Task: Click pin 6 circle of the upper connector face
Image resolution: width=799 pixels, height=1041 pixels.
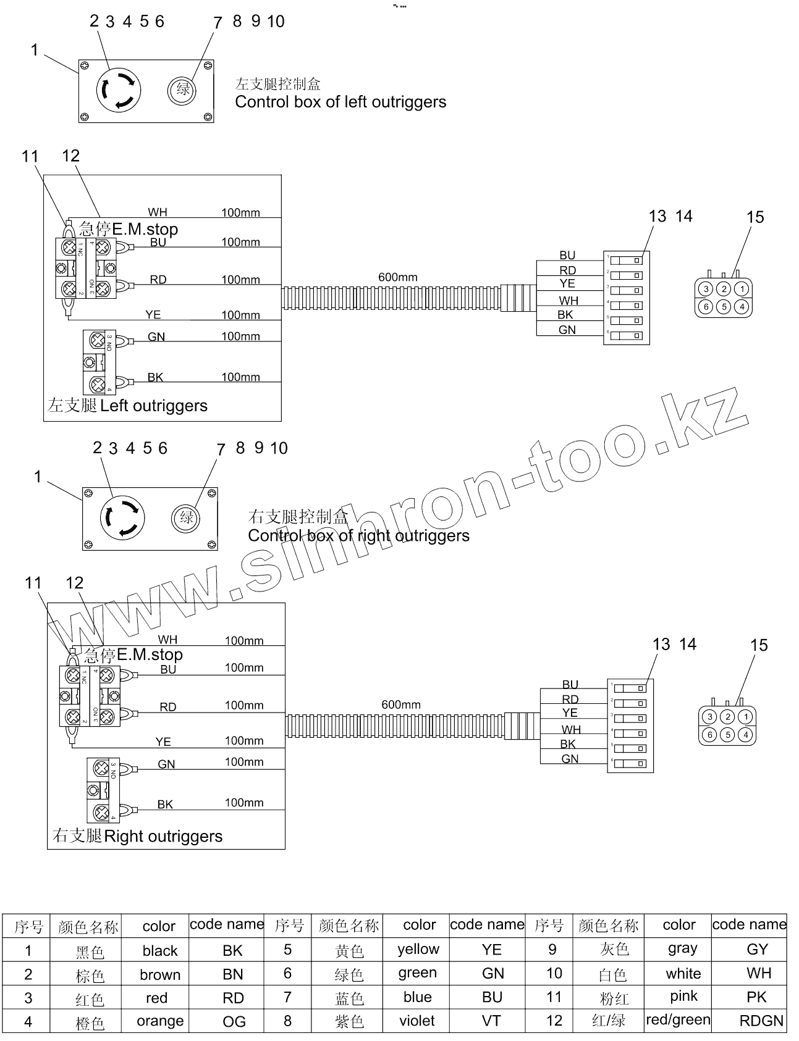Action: click(706, 306)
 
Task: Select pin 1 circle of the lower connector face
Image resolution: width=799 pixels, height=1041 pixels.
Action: click(746, 717)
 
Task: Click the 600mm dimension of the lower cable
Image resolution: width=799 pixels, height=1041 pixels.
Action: click(401, 704)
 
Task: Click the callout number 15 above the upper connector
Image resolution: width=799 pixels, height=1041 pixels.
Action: click(755, 217)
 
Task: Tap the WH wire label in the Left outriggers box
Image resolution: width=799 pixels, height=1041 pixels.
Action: click(158, 213)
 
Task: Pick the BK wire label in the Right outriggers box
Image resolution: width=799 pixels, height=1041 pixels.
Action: click(165, 805)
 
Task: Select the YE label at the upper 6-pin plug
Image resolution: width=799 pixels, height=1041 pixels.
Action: click(567, 283)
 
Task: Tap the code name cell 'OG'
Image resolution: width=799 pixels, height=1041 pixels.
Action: click(234, 1022)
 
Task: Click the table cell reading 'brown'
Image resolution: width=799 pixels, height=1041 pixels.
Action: click(160, 975)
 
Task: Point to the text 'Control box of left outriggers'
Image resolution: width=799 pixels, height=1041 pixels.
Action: click(340, 102)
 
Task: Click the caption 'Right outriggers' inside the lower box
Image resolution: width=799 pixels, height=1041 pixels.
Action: click(163, 836)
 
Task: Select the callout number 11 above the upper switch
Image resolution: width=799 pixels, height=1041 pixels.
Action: click(30, 157)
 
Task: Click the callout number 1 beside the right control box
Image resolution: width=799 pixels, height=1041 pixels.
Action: click(38, 477)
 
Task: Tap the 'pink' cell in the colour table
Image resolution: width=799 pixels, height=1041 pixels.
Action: click(683, 997)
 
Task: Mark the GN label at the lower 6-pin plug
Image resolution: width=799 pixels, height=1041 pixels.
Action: click(570, 759)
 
